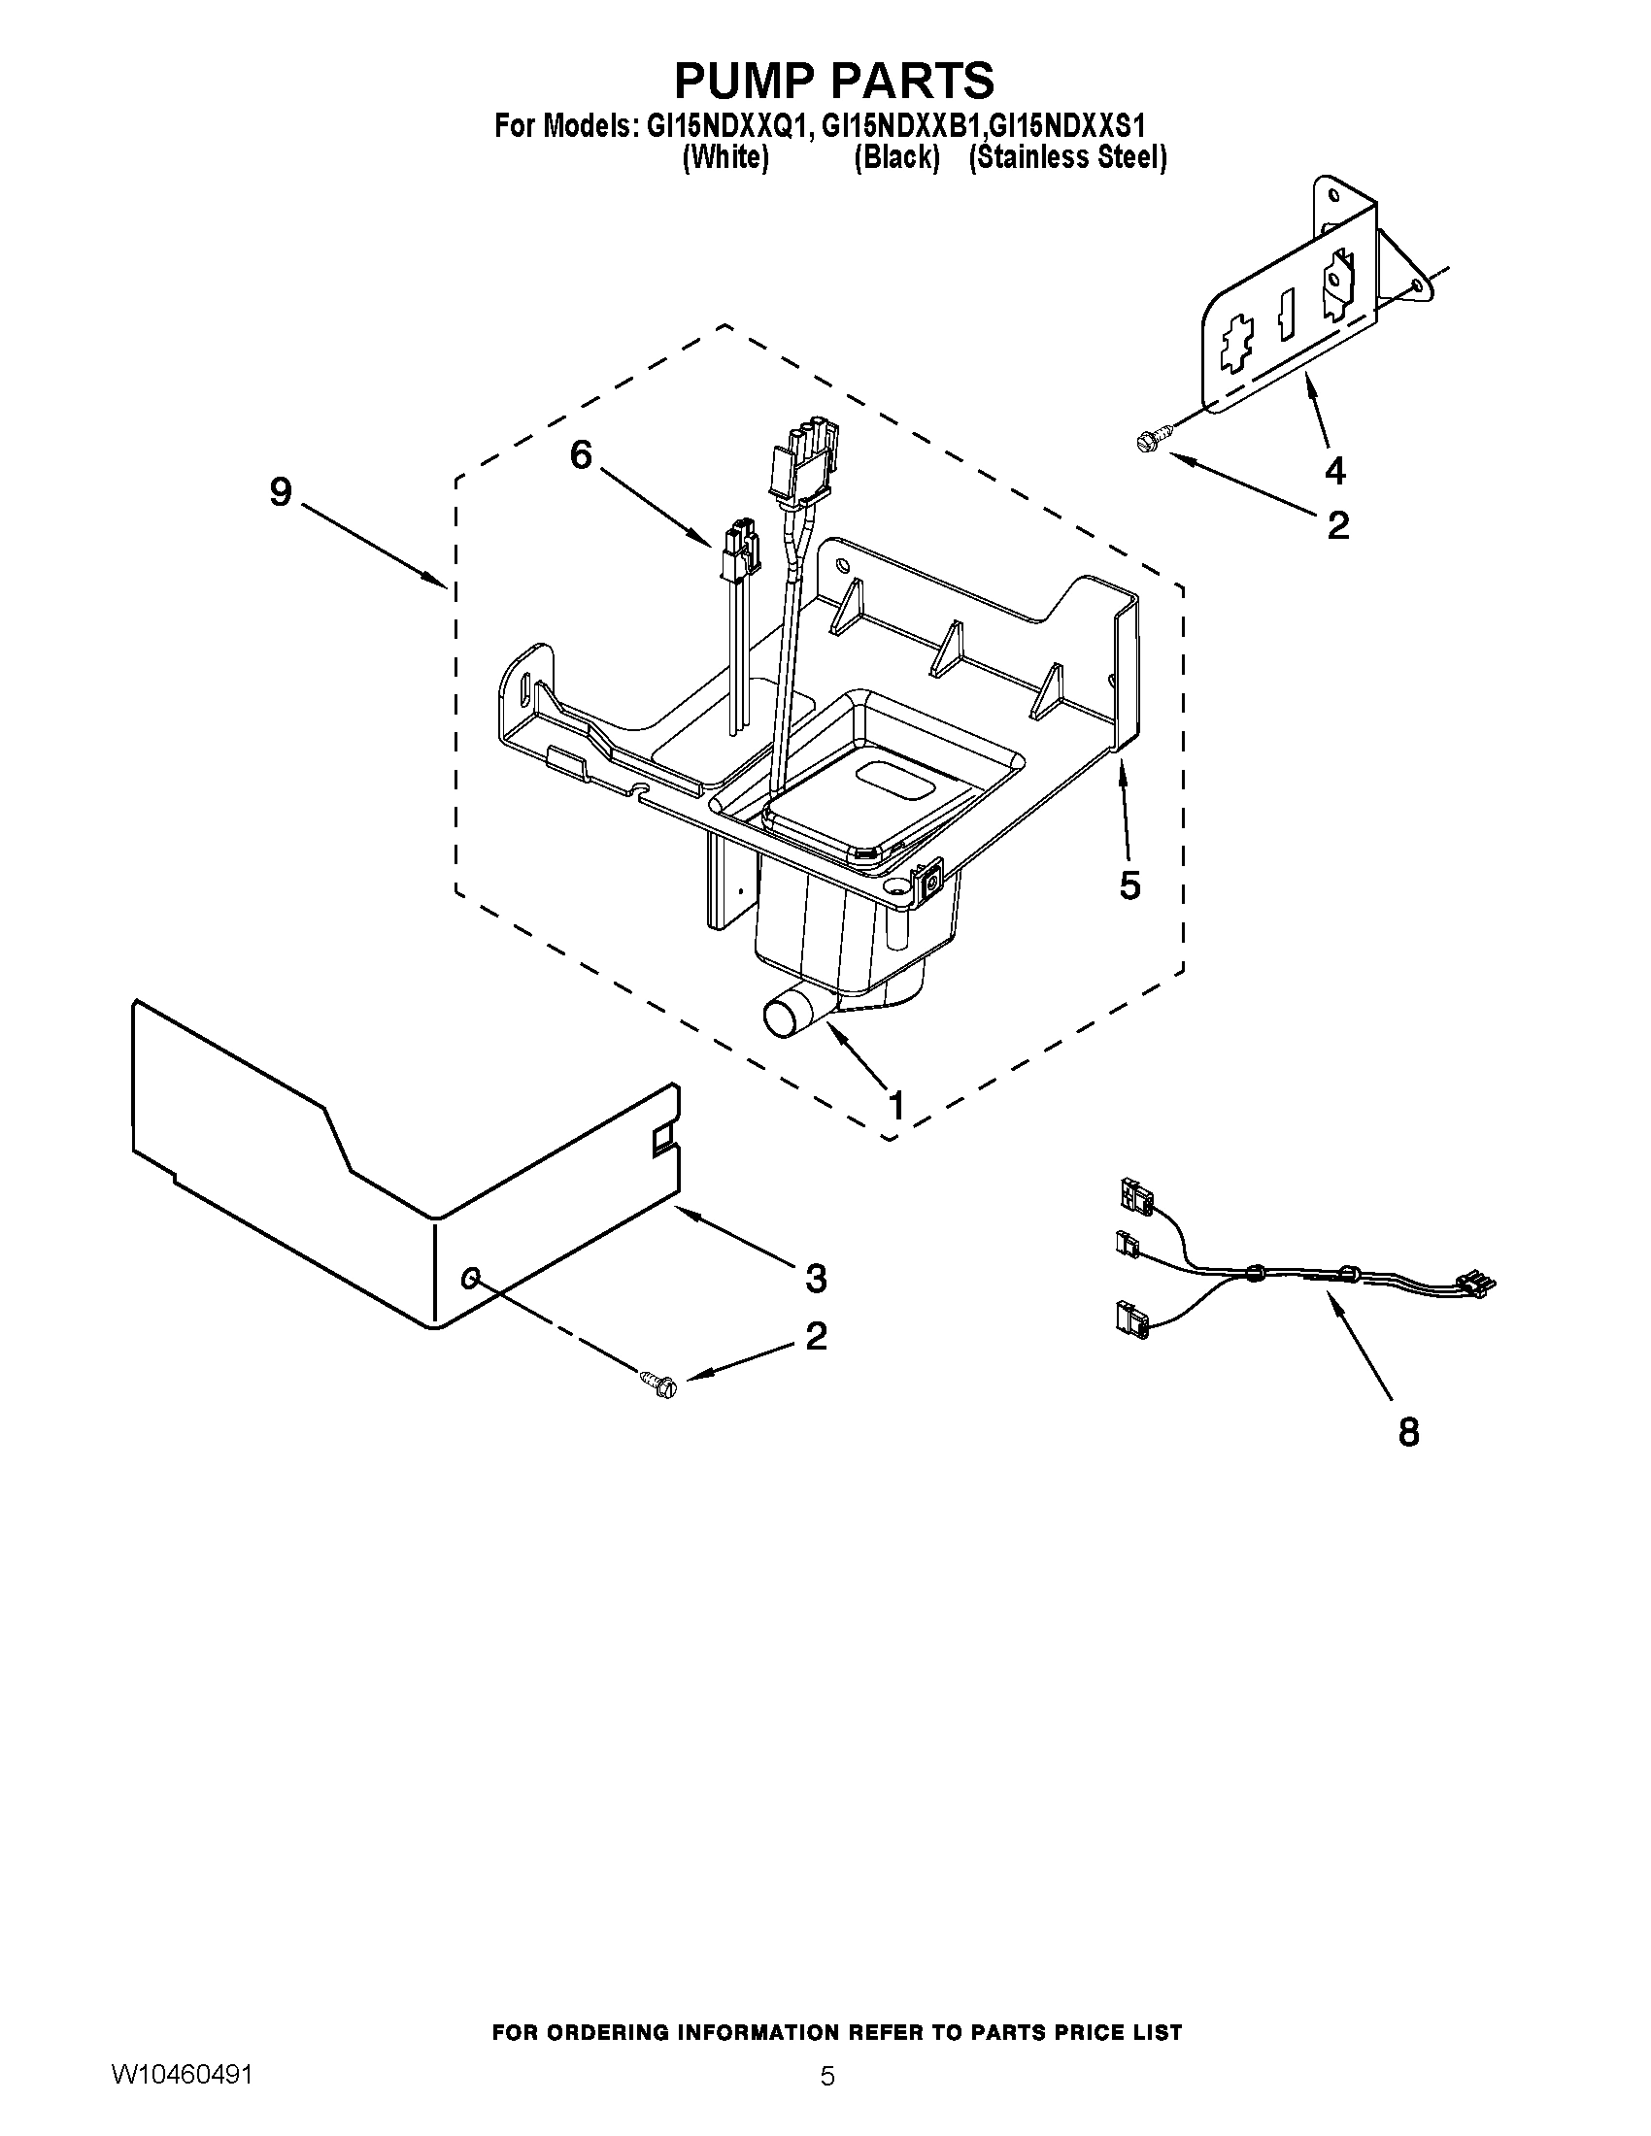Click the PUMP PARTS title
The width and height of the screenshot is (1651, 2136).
click(x=834, y=81)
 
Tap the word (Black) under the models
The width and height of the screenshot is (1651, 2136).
click(x=896, y=157)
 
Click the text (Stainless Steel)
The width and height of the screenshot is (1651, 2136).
click(x=1067, y=157)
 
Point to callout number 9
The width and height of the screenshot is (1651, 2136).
click(x=281, y=492)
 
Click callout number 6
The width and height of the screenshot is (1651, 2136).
click(x=581, y=454)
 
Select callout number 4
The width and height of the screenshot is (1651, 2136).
click(x=1334, y=471)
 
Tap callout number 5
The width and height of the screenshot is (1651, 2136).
click(x=1129, y=885)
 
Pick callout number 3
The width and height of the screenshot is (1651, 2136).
click(x=815, y=1278)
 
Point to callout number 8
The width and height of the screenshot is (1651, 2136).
click(x=1407, y=1432)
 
